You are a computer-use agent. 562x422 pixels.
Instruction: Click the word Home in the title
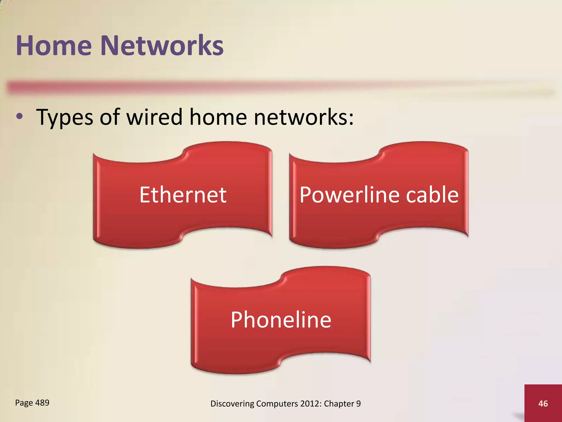tap(54, 46)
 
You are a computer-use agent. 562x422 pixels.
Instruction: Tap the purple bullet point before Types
tap(19, 116)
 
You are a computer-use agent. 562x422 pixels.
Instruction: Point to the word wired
tap(154, 117)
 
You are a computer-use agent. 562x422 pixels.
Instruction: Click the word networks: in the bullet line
tap(304, 117)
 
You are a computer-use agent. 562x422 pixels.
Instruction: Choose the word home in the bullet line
tap(218, 117)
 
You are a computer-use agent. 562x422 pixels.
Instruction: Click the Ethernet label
tap(183, 195)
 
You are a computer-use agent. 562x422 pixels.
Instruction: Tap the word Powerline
tap(349, 195)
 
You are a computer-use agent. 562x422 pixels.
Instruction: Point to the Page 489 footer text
tap(32, 403)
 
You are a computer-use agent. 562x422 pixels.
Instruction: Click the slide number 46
tap(543, 404)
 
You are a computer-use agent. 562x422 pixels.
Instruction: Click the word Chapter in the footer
tap(339, 404)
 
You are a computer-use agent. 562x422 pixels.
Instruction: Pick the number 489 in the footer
tap(42, 403)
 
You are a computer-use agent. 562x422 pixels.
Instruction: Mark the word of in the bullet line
tap(109, 117)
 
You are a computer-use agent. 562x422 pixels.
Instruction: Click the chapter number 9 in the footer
tap(358, 404)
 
